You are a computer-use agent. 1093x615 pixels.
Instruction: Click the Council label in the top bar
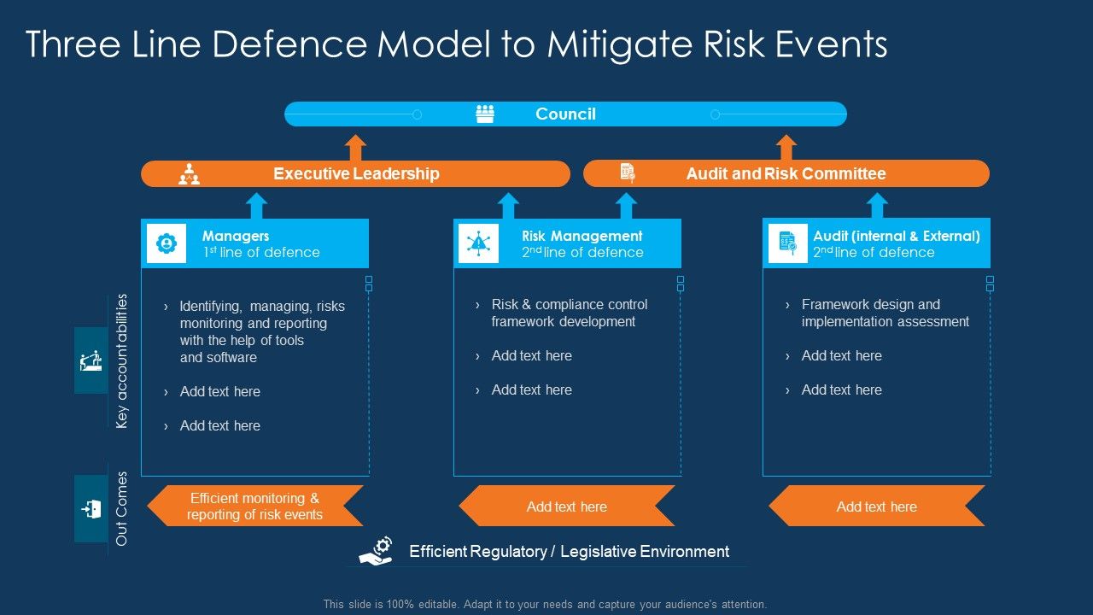click(x=565, y=114)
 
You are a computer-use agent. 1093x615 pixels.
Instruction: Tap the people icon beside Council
click(x=485, y=114)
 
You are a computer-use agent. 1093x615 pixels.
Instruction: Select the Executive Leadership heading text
click(x=356, y=173)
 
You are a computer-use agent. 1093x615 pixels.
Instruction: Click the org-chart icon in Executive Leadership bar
click(x=189, y=174)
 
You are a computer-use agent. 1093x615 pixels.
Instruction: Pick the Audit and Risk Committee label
click(x=786, y=173)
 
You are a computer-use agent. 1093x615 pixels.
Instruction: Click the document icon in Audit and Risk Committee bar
click(x=628, y=173)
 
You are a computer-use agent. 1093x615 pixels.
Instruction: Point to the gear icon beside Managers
click(x=167, y=243)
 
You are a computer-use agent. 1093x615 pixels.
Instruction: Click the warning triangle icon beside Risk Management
click(x=478, y=243)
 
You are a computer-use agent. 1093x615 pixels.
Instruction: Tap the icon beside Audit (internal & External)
click(x=787, y=243)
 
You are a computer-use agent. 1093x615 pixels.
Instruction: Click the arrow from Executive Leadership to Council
click(x=356, y=147)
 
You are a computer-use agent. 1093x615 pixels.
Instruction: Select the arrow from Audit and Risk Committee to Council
click(x=786, y=147)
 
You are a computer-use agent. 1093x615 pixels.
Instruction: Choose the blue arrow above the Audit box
click(x=877, y=206)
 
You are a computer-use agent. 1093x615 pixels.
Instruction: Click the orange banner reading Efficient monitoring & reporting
click(x=254, y=506)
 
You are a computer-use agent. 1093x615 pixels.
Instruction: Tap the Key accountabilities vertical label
click(x=122, y=360)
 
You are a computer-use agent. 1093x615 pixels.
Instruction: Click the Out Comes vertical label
click(x=122, y=508)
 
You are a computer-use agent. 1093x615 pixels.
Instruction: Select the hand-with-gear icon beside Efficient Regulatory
click(x=376, y=551)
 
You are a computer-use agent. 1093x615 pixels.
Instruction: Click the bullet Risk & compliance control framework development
click(x=569, y=313)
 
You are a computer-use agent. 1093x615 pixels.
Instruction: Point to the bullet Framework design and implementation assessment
click(x=885, y=313)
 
